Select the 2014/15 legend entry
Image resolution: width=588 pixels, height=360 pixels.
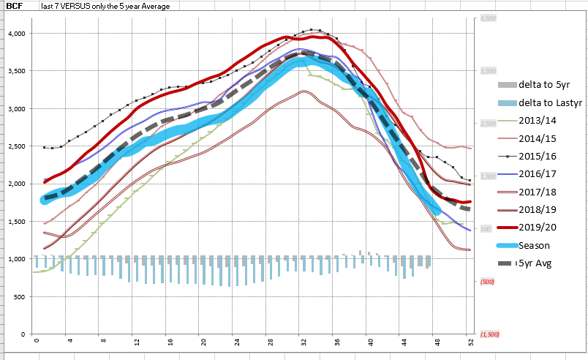pyautogui.click(x=539, y=137)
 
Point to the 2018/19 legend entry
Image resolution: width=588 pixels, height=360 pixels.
pyautogui.click(x=539, y=209)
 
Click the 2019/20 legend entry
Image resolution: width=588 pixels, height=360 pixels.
pyautogui.click(x=539, y=227)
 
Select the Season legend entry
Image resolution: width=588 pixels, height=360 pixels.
pyautogui.click(x=535, y=244)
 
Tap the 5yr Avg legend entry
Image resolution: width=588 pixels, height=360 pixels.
pyautogui.click(x=536, y=262)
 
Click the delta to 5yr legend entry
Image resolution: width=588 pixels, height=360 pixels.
pyautogui.click(x=545, y=84)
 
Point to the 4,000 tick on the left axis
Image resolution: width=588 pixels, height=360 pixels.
pyautogui.click(x=17, y=33)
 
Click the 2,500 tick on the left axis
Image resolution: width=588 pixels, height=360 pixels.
pyautogui.click(x=17, y=146)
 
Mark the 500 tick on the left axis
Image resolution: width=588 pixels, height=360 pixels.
pyautogui.click(x=20, y=296)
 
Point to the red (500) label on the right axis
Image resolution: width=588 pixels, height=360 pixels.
pyautogui.click(x=488, y=282)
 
